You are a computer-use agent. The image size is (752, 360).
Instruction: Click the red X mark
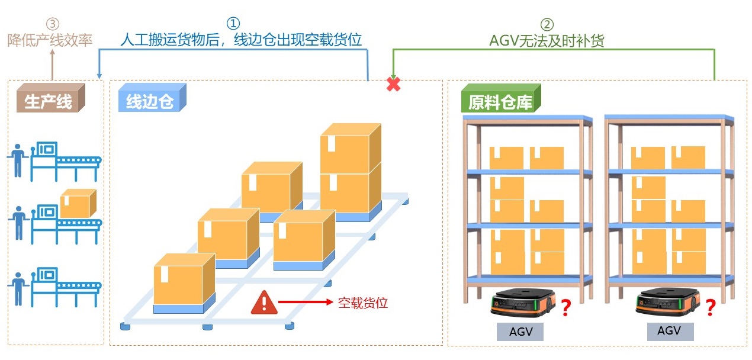[393, 84]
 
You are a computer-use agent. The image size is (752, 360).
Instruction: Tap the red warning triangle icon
[263, 303]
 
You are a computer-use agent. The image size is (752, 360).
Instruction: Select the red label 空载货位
[362, 303]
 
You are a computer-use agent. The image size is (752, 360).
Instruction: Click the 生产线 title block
[49, 101]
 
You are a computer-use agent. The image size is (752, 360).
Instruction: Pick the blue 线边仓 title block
[150, 101]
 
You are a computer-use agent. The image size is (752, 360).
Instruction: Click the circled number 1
[234, 23]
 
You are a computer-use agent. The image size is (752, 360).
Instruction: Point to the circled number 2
[547, 24]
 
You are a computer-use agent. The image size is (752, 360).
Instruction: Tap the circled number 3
[53, 24]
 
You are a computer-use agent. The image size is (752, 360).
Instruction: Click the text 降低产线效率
[50, 40]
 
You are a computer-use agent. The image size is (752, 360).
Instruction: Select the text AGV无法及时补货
[547, 40]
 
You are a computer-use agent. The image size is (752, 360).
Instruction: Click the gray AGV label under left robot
[520, 332]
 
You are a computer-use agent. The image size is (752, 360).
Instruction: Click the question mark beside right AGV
[711, 307]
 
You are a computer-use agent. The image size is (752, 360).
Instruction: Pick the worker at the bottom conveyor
[18, 287]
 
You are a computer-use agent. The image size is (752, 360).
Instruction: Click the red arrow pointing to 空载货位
[305, 302]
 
